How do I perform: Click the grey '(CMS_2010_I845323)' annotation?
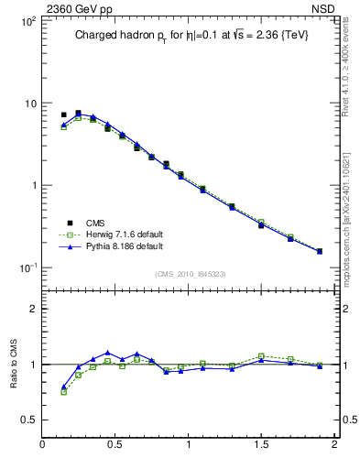190,273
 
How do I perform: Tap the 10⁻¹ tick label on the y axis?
27,267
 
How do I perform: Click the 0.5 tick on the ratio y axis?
28,420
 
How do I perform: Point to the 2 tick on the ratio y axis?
33,309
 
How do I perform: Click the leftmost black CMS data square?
63,115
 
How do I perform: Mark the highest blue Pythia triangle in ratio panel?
108,353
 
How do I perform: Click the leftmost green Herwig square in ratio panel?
63,392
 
